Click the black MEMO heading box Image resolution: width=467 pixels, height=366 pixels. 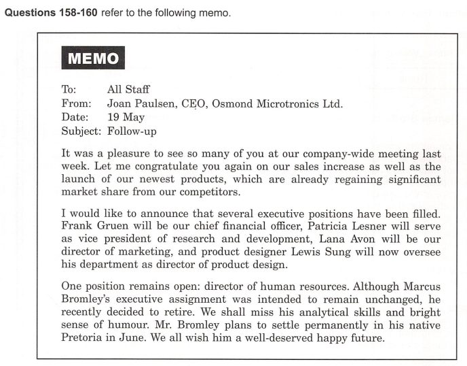(93, 59)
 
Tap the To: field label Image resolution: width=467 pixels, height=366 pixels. (69, 89)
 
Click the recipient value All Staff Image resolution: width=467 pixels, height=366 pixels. (128, 89)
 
